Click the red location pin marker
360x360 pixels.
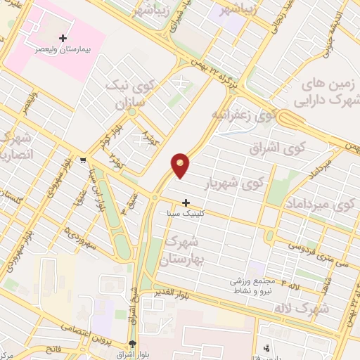(x=181, y=165)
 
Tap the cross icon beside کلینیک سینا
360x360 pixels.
(x=186, y=202)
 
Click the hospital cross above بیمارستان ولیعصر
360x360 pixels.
(x=63, y=37)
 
